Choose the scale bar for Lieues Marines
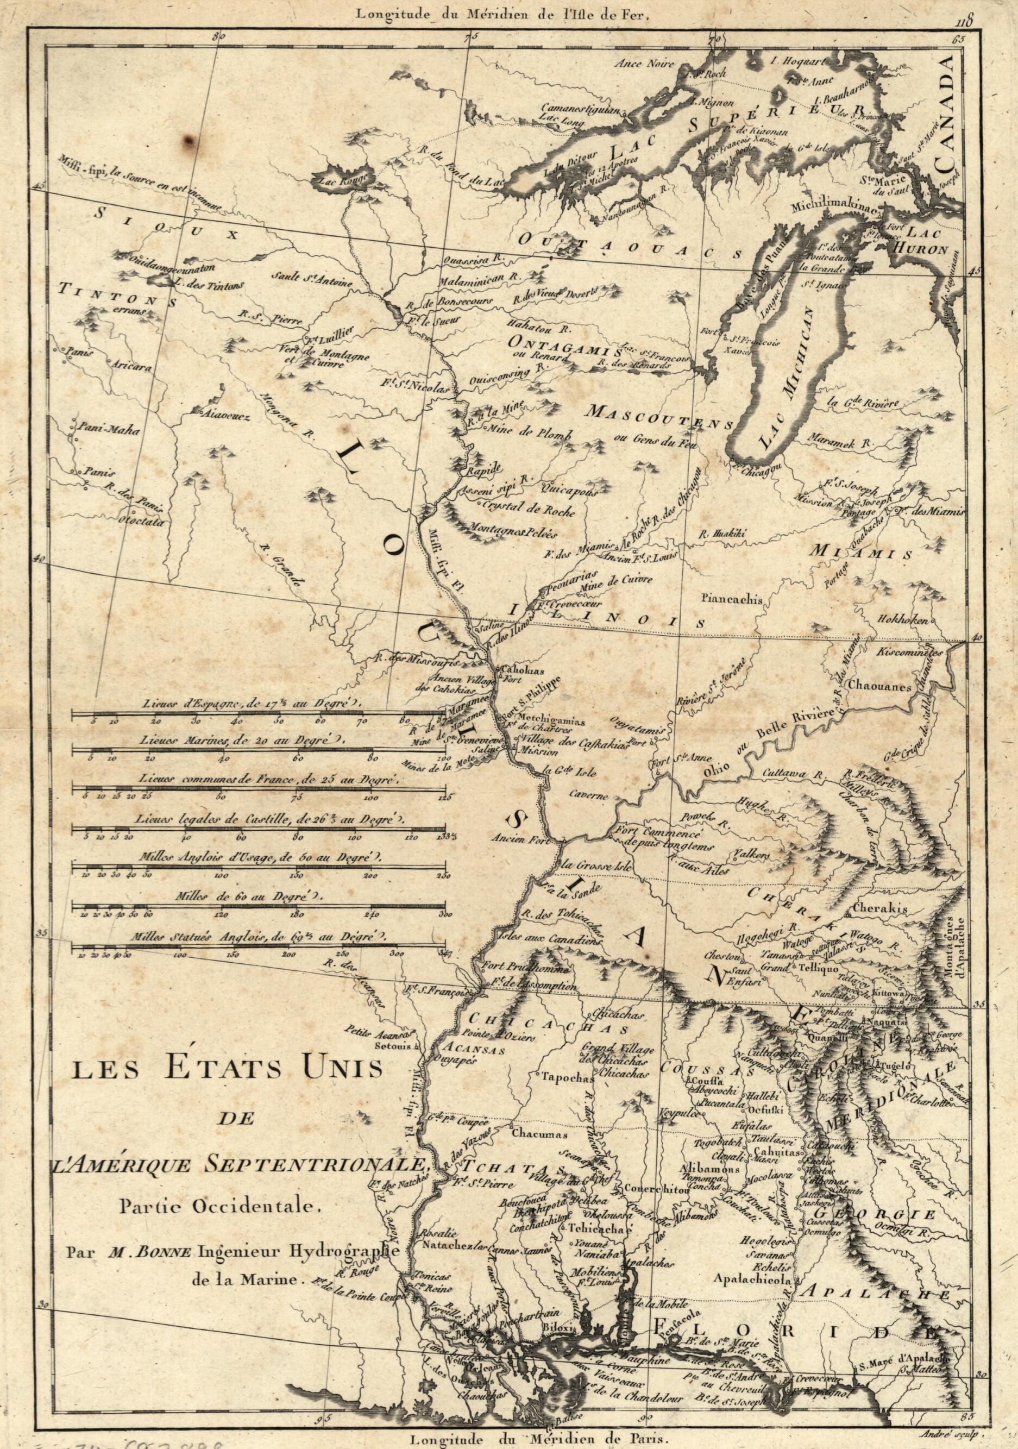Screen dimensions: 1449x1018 point(257,750)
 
